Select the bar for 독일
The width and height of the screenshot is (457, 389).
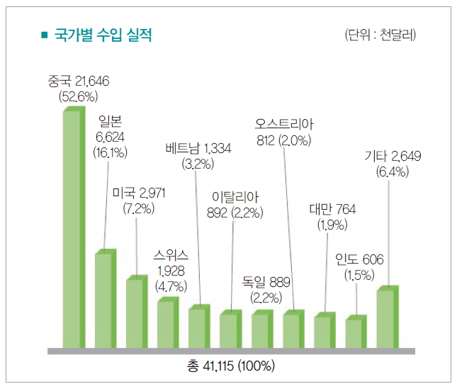261,331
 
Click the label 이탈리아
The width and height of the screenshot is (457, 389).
237,196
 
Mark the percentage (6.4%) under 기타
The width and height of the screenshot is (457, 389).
392,171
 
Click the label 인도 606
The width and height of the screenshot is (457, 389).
359,260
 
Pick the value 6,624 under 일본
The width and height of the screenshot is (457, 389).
109,137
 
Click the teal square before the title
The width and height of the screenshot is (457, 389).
45,35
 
